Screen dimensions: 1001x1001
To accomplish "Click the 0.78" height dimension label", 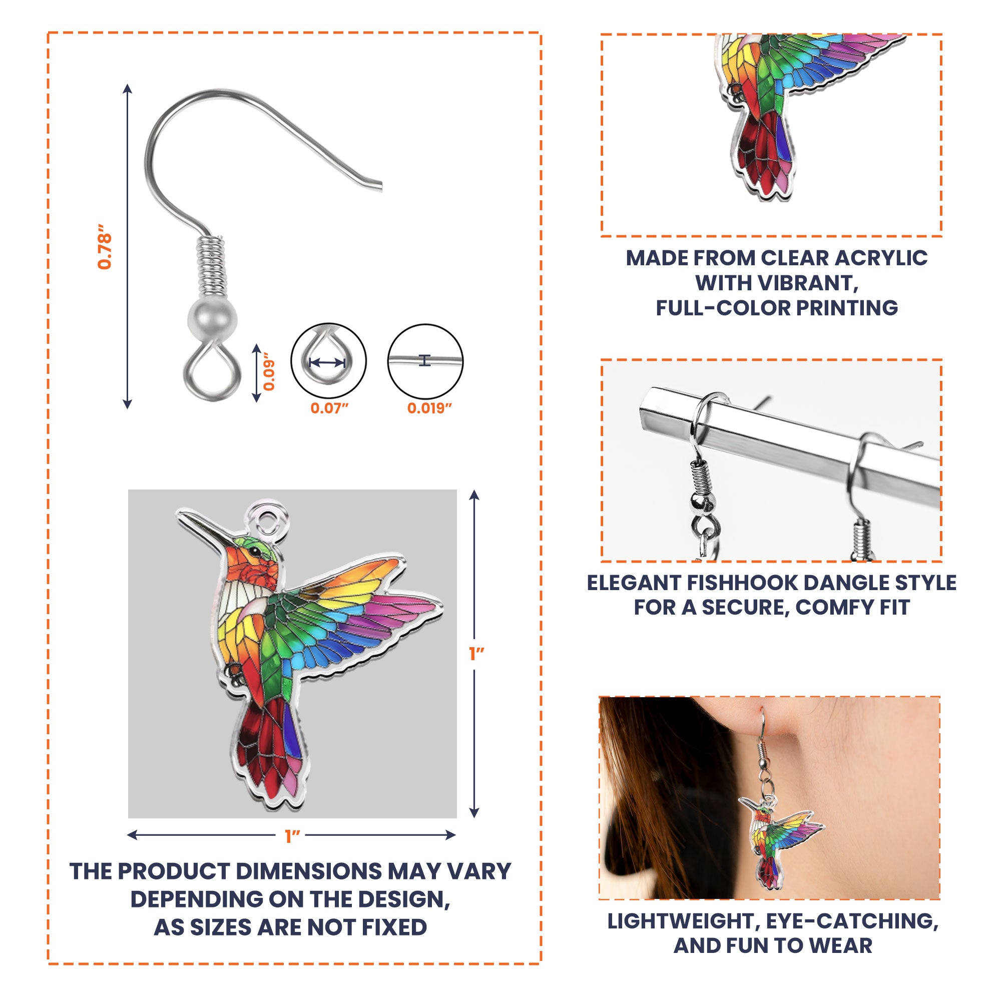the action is click(x=105, y=247).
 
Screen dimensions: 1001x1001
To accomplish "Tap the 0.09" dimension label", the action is click(x=269, y=371).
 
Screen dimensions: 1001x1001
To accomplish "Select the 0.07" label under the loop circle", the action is click(x=329, y=408).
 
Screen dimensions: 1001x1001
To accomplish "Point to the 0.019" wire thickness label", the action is click(x=429, y=408).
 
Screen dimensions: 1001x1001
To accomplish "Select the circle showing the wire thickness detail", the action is click(x=425, y=361).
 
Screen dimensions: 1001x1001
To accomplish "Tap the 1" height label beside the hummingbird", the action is click(x=476, y=654).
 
